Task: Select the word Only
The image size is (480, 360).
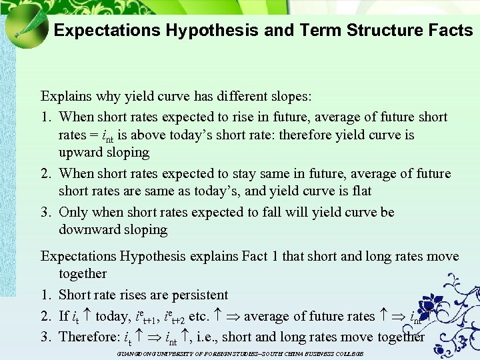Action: click(x=73, y=212)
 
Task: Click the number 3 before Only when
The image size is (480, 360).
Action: click(x=45, y=212)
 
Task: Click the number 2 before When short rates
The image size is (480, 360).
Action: click(x=45, y=173)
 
